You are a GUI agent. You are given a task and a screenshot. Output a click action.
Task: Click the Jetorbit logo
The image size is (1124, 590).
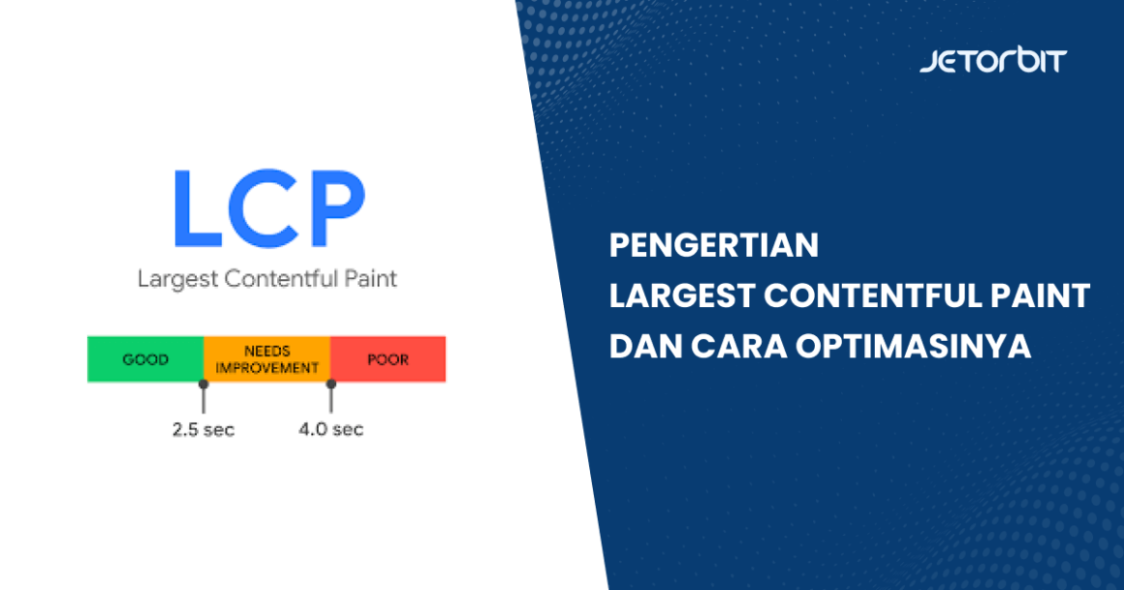coord(993,60)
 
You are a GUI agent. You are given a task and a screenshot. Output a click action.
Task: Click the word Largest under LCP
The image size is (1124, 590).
coord(177,279)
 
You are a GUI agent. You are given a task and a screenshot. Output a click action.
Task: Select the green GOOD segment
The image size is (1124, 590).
coord(145,359)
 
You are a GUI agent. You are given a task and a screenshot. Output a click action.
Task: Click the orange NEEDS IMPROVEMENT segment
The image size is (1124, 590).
coord(266,359)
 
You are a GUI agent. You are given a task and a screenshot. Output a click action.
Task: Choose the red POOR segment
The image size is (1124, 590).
coord(388,359)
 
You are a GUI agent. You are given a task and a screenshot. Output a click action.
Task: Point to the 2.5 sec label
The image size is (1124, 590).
coord(203,429)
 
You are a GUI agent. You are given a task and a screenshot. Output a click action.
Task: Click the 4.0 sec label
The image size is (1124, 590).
coord(331,429)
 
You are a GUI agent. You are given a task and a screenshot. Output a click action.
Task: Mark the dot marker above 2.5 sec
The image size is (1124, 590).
coord(203,385)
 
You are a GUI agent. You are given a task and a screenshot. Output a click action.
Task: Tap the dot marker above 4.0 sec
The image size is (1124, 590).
coord(330,385)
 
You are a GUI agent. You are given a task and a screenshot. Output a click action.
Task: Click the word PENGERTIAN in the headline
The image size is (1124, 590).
coord(714,245)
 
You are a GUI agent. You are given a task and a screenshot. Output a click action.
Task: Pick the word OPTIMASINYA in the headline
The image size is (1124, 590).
coord(913,346)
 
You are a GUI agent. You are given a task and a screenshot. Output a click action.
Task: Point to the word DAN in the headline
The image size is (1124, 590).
coord(645,346)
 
